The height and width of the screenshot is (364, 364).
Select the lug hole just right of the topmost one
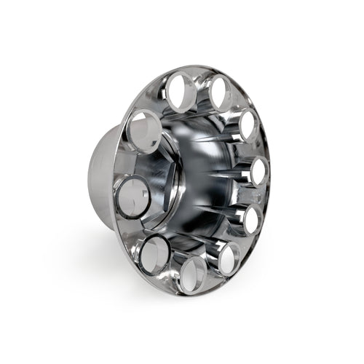point(219,95)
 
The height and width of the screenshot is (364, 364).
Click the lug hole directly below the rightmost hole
point(252,218)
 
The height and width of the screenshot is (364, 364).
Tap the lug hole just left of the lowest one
point(155,253)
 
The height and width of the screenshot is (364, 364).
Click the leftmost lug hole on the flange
point(133,197)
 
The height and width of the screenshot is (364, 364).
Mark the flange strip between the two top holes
point(199,86)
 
